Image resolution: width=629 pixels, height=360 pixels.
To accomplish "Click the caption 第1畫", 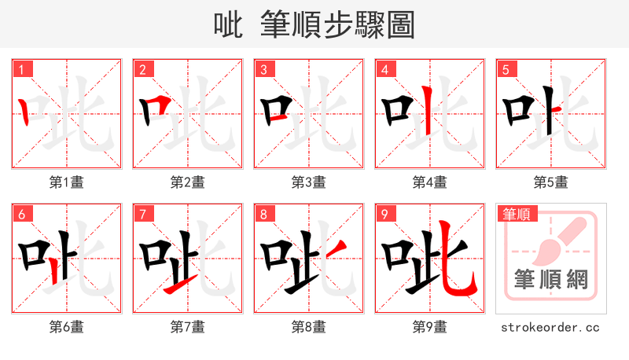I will (x=67, y=182).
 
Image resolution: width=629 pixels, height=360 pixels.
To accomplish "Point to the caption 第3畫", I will (x=309, y=182).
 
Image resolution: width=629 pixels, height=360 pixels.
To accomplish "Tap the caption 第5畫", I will (x=551, y=182).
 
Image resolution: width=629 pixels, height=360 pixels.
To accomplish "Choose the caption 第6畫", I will (x=67, y=327).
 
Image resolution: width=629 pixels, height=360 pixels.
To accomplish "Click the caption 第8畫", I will (x=309, y=327).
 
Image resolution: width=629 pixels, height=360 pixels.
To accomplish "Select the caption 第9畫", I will (x=430, y=327).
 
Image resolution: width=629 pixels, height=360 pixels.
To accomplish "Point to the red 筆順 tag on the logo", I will (x=515, y=214).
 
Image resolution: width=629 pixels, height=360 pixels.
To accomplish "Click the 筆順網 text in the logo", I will (x=550, y=279).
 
